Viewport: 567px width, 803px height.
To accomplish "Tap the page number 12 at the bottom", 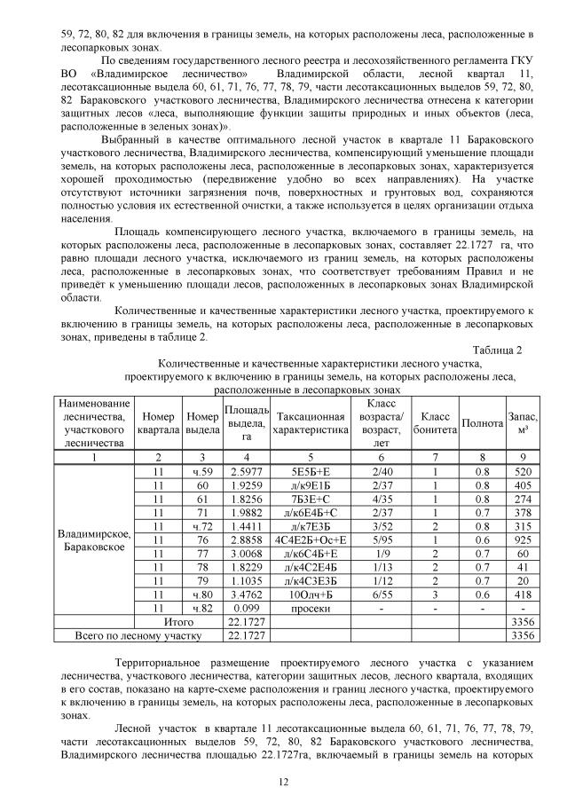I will pos(283,781).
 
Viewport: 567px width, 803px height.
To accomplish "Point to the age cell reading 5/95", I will pos(383,539).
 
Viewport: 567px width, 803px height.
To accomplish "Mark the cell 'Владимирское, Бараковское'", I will pos(94,539).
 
